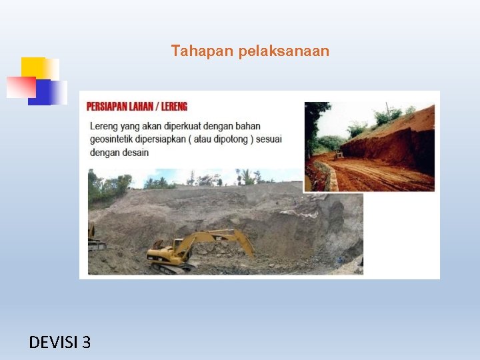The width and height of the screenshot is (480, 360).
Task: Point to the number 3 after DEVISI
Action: pyautogui.click(x=86, y=343)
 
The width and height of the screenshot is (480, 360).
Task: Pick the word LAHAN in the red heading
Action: pyautogui.click(x=143, y=107)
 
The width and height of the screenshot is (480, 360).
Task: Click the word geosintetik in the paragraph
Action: pyautogui.click(x=115, y=139)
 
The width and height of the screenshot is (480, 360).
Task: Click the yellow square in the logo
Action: pyautogui.click(x=33, y=67)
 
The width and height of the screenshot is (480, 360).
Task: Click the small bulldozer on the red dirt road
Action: pyautogui.click(x=339, y=154)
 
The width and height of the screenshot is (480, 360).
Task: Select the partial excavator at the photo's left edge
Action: pyautogui.click(x=95, y=239)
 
